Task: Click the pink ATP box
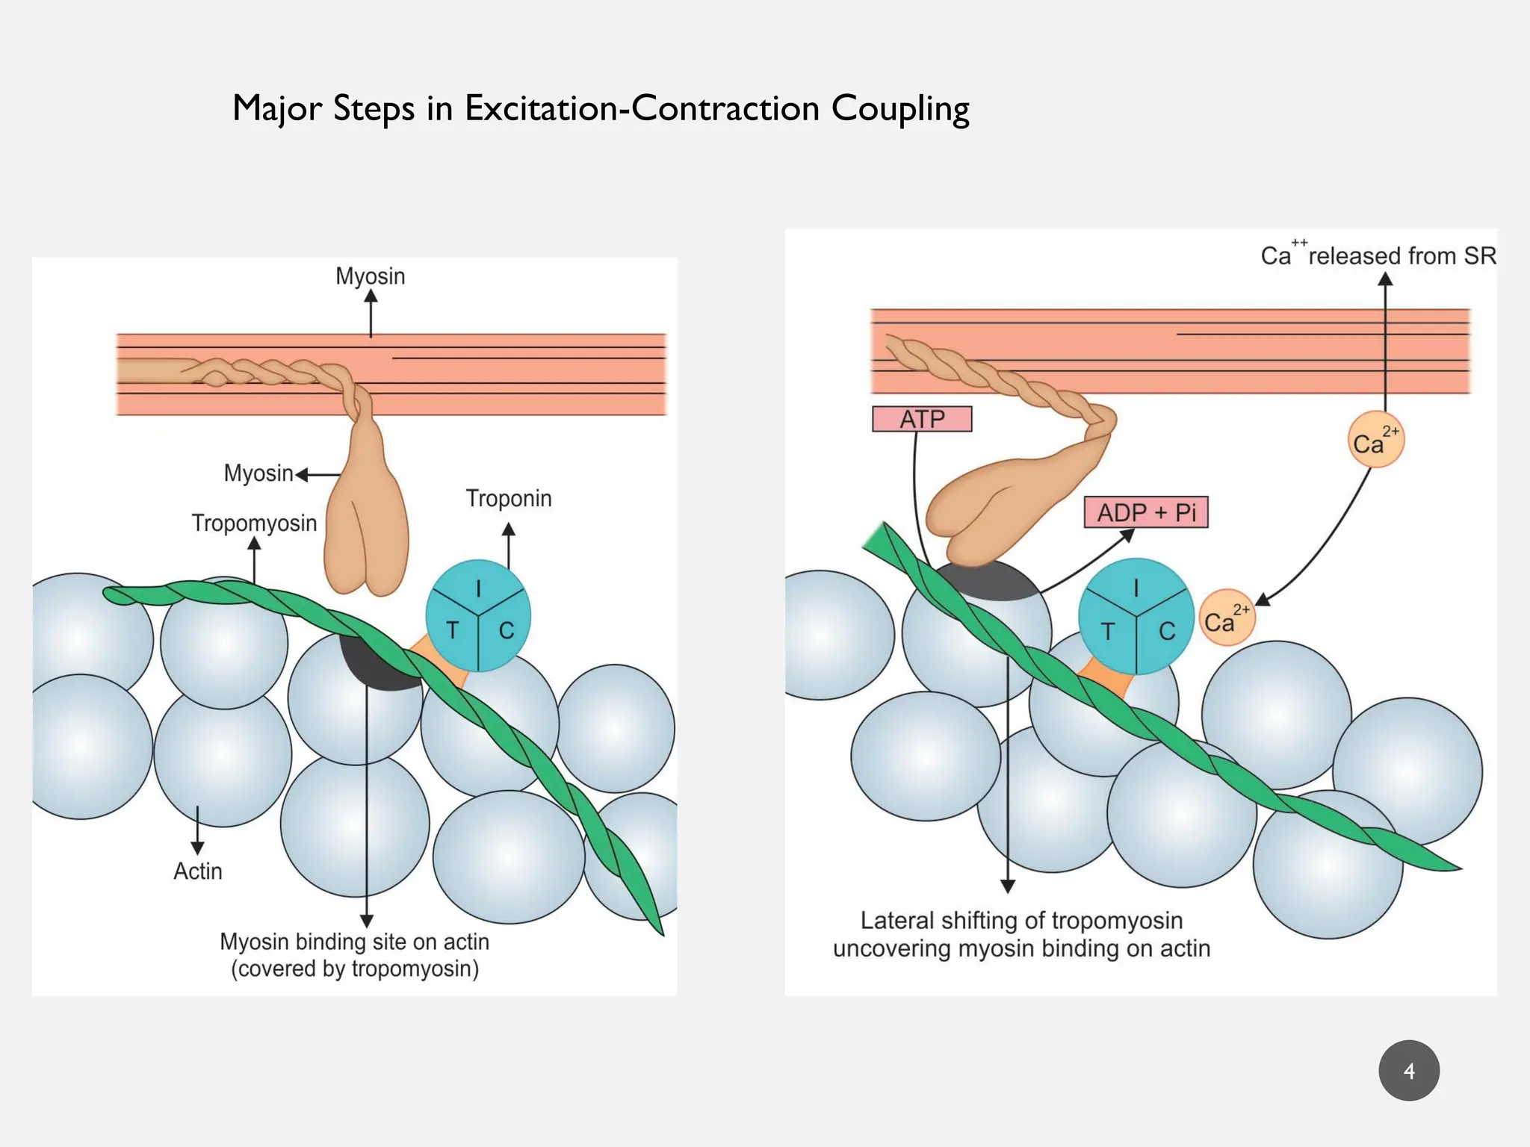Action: pos(922,419)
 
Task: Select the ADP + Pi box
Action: pos(1146,513)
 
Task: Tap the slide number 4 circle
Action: pos(1409,1071)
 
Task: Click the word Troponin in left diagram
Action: pos(509,498)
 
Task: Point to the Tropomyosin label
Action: pos(254,523)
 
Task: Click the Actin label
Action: pos(198,871)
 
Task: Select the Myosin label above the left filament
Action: pos(371,276)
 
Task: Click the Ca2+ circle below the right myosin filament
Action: pos(1375,440)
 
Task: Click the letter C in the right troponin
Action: pos(1167,632)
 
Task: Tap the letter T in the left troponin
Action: pos(452,631)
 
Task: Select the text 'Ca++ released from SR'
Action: pos(1378,256)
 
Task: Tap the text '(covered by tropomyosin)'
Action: pos(355,969)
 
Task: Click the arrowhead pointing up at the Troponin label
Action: pos(509,529)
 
